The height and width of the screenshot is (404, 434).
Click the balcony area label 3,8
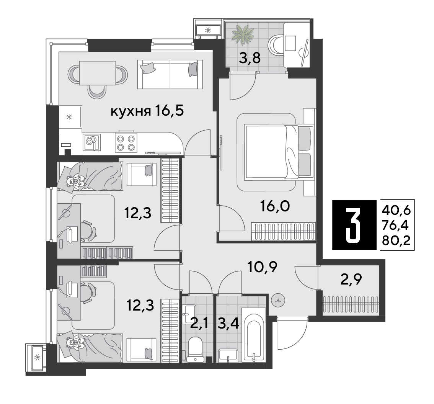click(x=250, y=59)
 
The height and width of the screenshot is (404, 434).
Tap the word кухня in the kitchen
click(x=131, y=111)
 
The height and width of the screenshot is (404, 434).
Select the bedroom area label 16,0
click(x=275, y=206)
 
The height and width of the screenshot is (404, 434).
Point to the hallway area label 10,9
click(x=263, y=267)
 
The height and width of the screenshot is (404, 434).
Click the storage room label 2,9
click(x=351, y=280)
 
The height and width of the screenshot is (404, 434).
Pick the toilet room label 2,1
click(x=199, y=323)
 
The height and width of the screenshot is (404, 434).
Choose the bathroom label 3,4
click(x=228, y=323)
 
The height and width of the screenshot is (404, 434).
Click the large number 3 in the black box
click(x=354, y=224)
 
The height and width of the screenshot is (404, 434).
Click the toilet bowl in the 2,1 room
click(x=195, y=348)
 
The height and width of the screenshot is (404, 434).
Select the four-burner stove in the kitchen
click(x=126, y=143)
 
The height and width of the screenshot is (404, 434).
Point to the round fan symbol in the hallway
click(x=278, y=300)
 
